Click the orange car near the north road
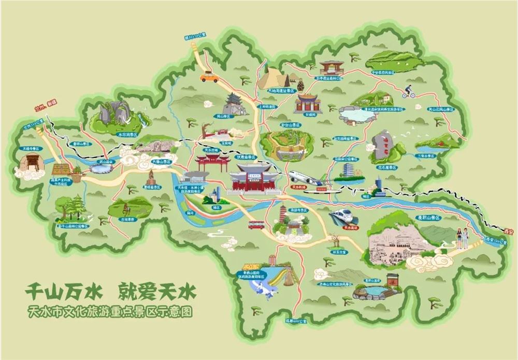210,77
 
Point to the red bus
256,224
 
